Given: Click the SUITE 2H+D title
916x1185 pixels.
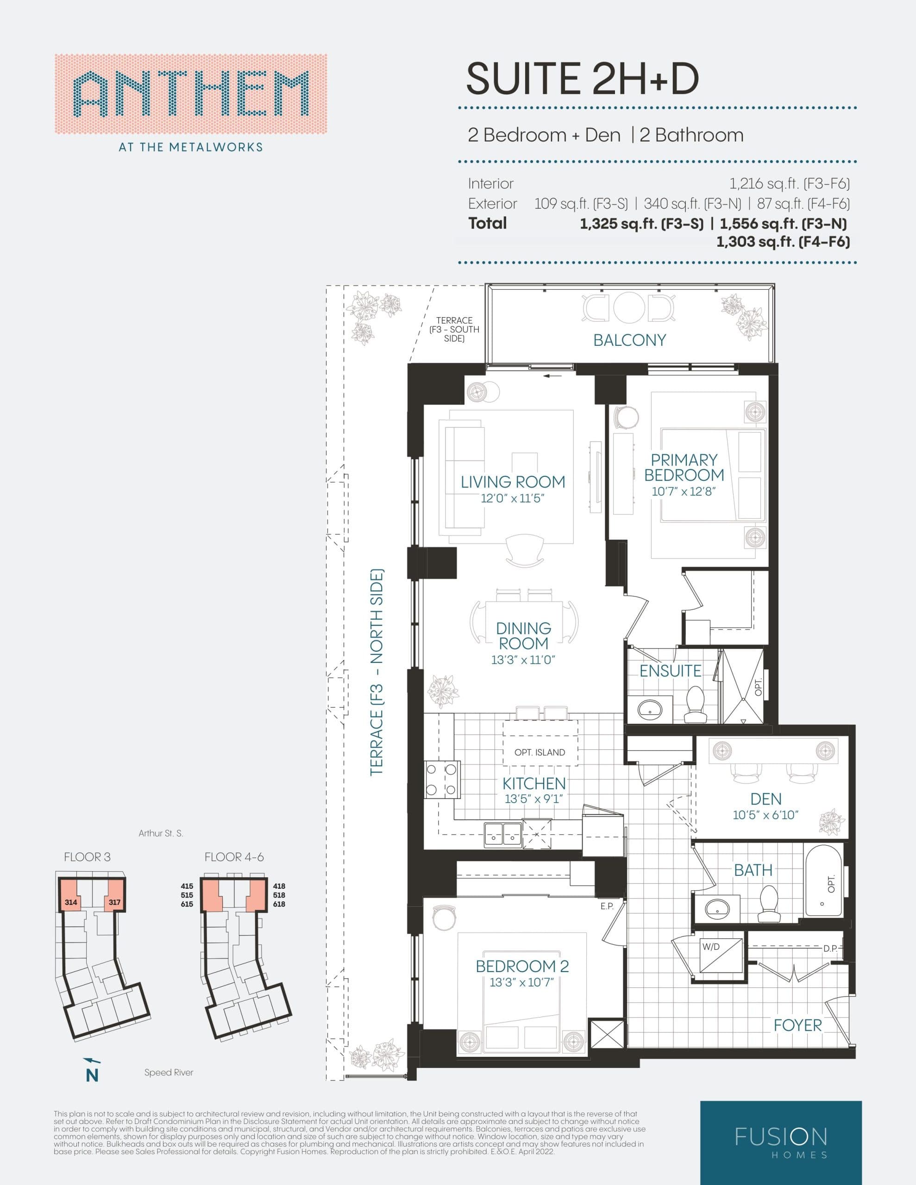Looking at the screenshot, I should (x=582, y=79).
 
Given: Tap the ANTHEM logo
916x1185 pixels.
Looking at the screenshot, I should (x=191, y=94).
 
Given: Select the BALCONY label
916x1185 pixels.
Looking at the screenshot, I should (x=629, y=340).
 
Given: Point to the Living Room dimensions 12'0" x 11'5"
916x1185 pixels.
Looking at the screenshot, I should (x=512, y=498).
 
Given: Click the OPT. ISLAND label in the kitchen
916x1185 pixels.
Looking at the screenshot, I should (x=540, y=753).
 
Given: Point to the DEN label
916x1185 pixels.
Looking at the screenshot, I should (x=765, y=799).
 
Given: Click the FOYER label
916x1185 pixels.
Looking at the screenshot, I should (x=797, y=1025).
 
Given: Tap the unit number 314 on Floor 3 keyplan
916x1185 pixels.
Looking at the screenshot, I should (x=70, y=902).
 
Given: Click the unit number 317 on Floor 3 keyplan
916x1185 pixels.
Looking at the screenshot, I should (x=114, y=902).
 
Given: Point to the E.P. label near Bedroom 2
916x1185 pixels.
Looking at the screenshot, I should (x=607, y=906).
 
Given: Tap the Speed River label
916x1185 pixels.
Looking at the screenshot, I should (x=168, y=1073).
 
